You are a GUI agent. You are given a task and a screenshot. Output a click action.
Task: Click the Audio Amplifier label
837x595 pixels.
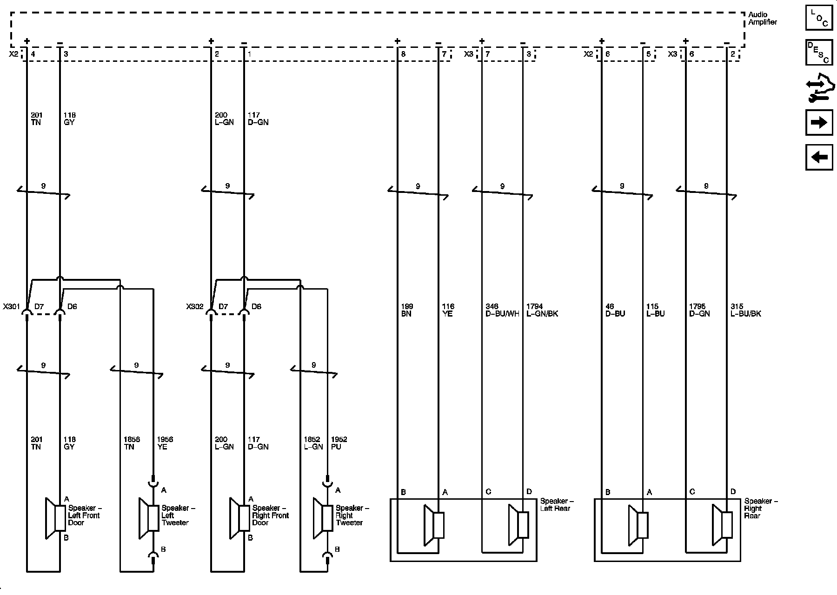coord(762,19)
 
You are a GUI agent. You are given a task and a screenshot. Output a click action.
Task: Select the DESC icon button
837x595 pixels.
coord(819,52)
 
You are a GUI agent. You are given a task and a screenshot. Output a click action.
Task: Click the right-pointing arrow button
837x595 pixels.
coord(819,122)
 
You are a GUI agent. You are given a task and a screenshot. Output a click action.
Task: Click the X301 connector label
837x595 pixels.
coord(11,307)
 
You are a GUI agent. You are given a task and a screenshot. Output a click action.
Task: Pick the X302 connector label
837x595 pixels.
coord(195,307)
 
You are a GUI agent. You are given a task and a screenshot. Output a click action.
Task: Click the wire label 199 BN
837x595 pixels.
coord(407,310)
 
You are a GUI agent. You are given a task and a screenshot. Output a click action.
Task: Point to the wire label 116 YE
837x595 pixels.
coord(448,310)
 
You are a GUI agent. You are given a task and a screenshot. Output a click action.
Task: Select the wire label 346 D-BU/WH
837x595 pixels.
coord(502,310)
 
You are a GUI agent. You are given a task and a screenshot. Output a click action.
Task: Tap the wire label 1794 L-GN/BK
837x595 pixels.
coord(542,310)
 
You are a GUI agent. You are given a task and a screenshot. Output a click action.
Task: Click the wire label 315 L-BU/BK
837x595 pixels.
coord(746,310)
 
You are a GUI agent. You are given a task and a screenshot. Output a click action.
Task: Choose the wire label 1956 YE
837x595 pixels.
coord(165,443)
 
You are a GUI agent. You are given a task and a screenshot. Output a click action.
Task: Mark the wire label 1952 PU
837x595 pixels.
coord(339,443)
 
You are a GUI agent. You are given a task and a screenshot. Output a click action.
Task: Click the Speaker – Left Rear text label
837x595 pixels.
coord(557,505)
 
